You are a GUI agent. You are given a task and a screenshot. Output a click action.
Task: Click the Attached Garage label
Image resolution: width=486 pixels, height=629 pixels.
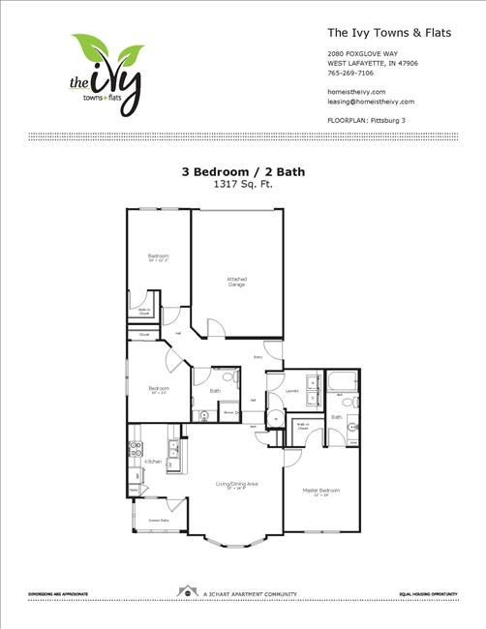236,282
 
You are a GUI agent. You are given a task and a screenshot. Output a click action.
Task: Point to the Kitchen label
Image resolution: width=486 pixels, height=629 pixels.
152,463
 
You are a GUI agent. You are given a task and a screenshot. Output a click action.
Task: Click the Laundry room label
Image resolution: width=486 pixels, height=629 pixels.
290,392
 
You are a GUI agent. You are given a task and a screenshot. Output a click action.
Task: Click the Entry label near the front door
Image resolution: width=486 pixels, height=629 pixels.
258,357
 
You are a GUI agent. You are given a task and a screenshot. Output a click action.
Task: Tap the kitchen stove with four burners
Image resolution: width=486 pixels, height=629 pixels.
136,449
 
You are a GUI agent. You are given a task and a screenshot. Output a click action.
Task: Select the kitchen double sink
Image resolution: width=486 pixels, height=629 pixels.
173,448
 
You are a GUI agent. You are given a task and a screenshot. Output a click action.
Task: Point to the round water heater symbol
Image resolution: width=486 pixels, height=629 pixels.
275,419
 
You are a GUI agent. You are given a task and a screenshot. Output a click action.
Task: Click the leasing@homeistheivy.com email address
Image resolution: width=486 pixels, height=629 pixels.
371,101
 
